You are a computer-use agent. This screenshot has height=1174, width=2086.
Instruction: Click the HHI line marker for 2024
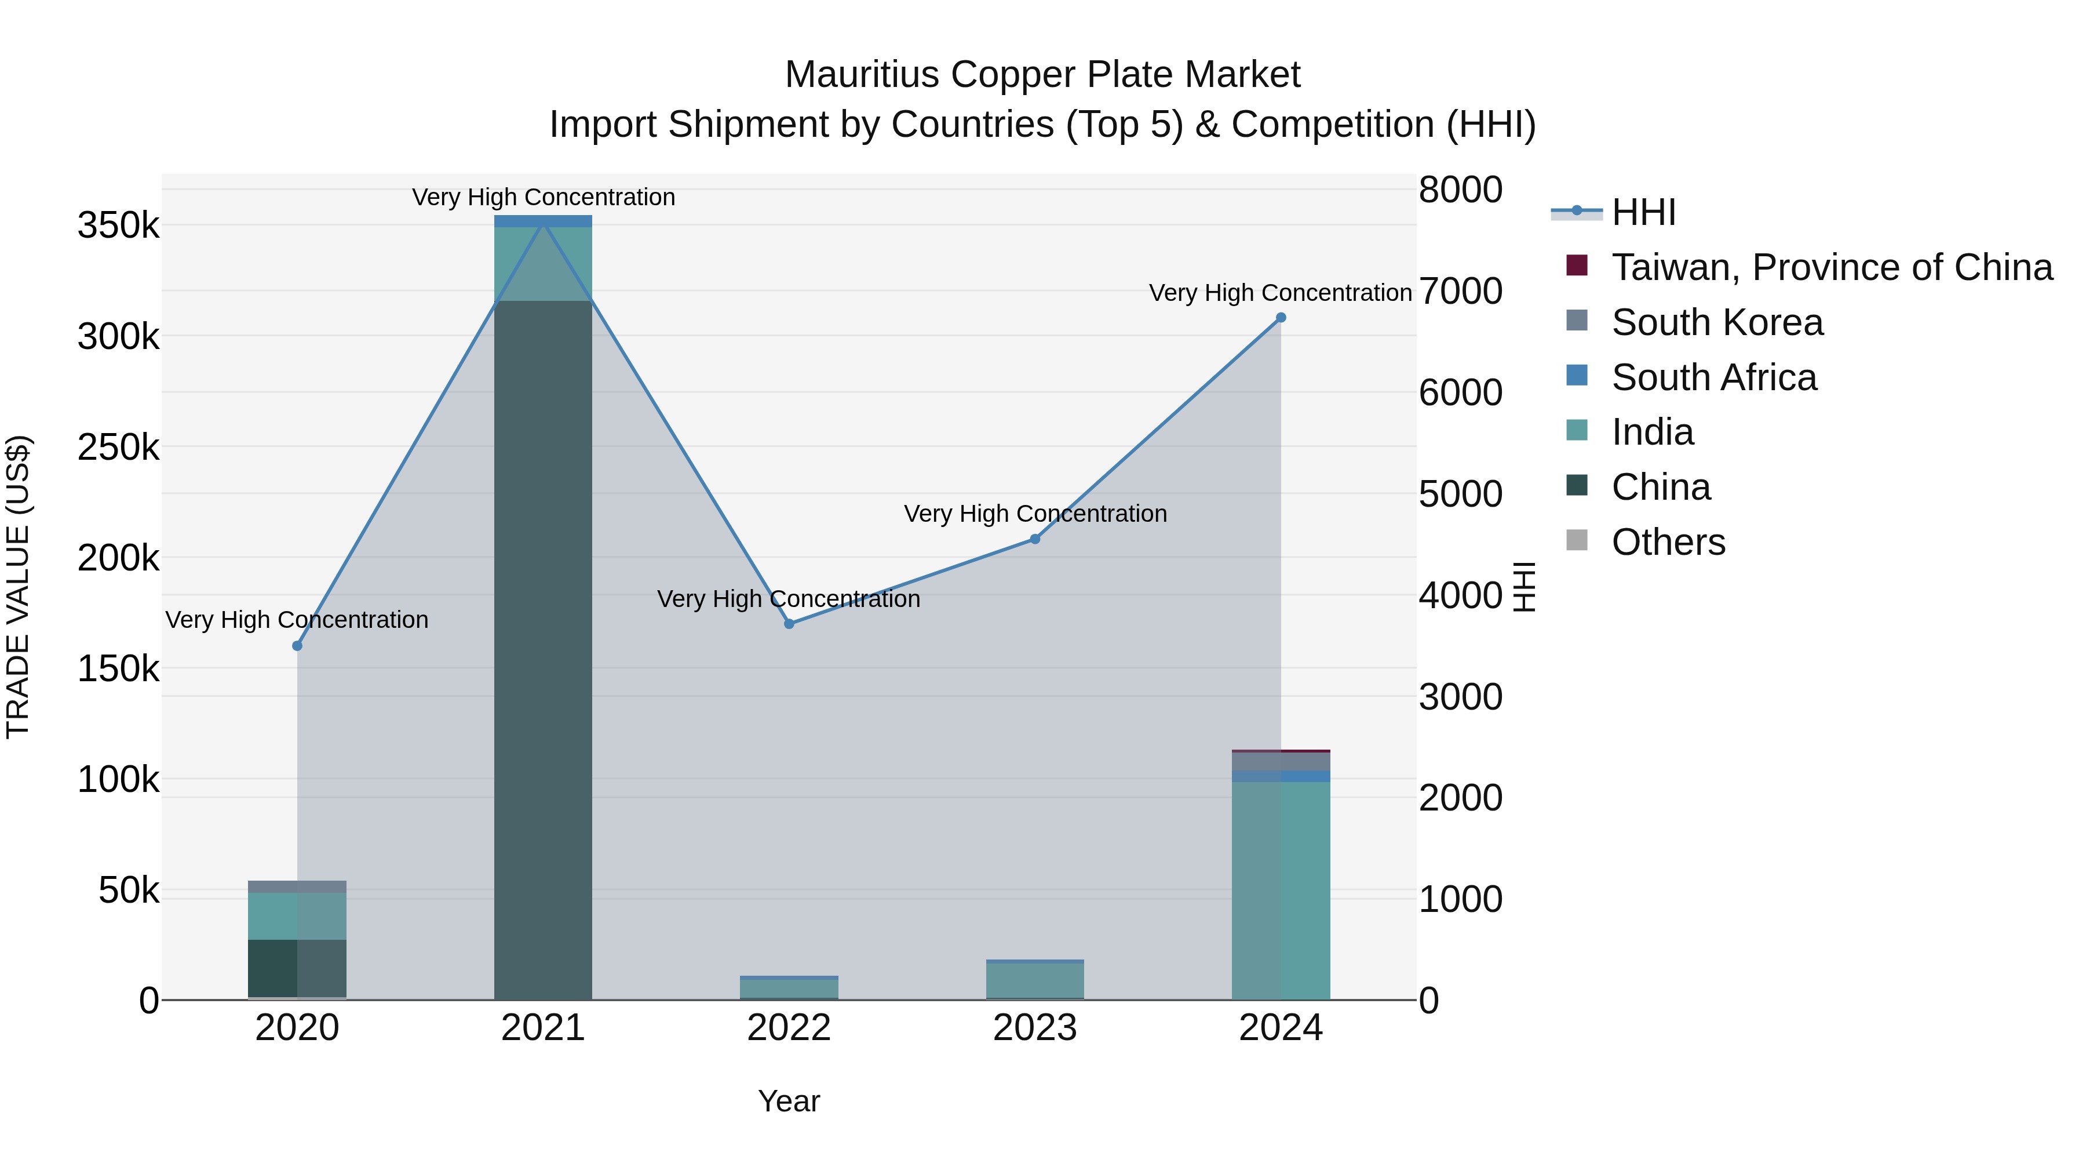pyautogui.click(x=1280, y=318)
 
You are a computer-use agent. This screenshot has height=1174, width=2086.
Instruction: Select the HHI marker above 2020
pyautogui.click(x=297, y=646)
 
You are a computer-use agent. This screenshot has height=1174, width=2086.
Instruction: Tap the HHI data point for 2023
pyautogui.click(x=1035, y=539)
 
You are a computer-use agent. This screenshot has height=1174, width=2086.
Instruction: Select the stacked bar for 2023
pyautogui.click(x=1035, y=981)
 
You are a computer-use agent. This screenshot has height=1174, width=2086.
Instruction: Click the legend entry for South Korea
pyautogui.click(x=1717, y=322)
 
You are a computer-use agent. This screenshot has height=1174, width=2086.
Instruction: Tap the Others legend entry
pyautogui.click(x=1668, y=542)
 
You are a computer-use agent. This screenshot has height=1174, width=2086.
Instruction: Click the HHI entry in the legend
pyautogui.click(x=1643, y=212)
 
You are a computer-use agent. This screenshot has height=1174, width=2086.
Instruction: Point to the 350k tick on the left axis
pyautogui.click(x=118, y=226)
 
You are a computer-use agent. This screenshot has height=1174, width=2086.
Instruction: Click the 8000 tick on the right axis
pyautogui.click(x=1460, y=190)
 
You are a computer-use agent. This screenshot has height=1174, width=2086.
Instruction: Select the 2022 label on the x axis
pyautogui.click(x=789, y=1028)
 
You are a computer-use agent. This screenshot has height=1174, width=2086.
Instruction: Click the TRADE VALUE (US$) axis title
pyautogui.click(x=18, y=587)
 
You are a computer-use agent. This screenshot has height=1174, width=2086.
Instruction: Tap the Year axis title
pyautogui.click(x=789, y=1101)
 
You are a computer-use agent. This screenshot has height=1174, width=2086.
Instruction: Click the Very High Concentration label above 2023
pyautogui.click(x=1035, y=514)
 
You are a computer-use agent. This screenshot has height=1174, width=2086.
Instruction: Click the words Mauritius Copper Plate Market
pyautogui.click(x=1042, y=75)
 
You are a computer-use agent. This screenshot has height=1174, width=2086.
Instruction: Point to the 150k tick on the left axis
pyautogui.click(x=118, y=669)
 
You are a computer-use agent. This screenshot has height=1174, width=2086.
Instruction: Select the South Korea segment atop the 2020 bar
pyautogui.click(x=297, y=886)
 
